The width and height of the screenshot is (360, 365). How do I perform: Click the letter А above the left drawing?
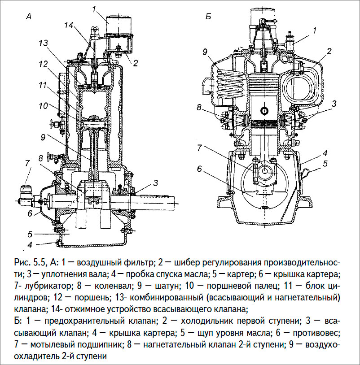[x=28, y=17]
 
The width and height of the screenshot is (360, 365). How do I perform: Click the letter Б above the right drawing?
[x=208, y=17]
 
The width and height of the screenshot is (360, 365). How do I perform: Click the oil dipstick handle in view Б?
[x=306, y=171]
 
